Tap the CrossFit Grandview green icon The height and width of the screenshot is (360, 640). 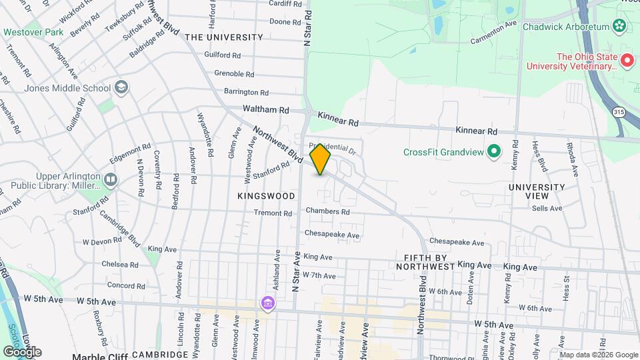pos(494,152)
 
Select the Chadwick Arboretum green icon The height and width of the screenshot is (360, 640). pos(619,27)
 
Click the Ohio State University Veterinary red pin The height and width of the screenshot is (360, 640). pos(627,61)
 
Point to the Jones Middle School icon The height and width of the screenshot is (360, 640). pos(121,87)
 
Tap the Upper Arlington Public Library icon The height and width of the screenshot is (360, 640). pos(110,179)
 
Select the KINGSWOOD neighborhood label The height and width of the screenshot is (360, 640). pos(266,196)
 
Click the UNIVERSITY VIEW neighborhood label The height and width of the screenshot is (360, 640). pos(537,191)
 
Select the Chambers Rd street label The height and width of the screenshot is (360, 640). pos(327,212)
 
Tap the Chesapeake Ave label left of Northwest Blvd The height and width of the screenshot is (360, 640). pos(332,235)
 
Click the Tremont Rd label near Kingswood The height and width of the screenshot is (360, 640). pos(273,214)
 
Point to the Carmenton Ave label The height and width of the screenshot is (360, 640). pos(493,33)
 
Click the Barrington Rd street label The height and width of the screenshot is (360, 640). pos(246,92)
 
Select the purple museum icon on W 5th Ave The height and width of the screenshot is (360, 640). pos(267,304)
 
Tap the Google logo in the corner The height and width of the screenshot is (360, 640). pos(22,351)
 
